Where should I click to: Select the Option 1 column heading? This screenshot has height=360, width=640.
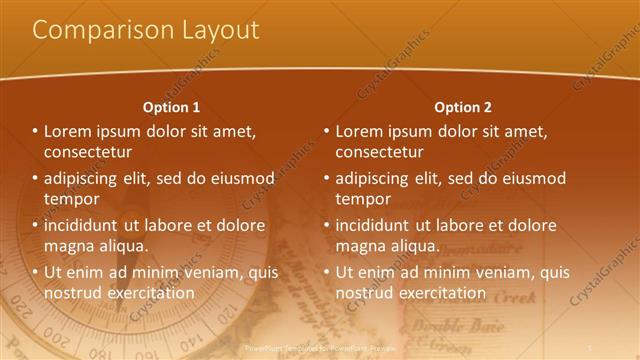(171, 107)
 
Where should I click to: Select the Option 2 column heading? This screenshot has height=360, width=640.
(463, 107)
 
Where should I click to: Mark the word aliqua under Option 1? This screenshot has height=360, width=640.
(122, 246)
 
